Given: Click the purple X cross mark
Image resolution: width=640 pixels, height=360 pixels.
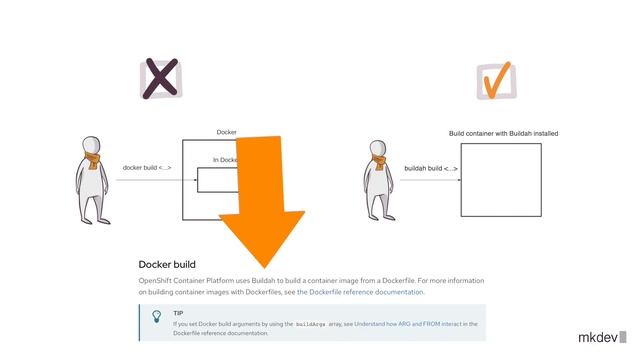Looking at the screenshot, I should [x=159, y=80].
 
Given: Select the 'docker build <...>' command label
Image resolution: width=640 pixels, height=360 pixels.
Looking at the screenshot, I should [x=146, y=167].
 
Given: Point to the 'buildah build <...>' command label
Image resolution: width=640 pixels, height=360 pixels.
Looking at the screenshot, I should [x=431, y=168].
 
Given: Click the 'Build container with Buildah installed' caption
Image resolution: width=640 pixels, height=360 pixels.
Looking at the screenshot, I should [x=503, y=133].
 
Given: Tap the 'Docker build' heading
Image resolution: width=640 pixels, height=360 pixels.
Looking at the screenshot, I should [x=167, y=264].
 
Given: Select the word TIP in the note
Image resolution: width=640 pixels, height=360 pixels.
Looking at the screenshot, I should [x=178, y=313].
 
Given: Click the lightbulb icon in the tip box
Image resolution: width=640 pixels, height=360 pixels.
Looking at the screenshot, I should [x=156, y=317].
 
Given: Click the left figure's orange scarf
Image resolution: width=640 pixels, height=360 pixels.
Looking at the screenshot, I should [x=91, y=160].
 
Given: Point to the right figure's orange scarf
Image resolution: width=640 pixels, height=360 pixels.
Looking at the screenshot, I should [x=379, y=163].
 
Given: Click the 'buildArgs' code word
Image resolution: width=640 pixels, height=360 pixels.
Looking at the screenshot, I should [x=311, y=324].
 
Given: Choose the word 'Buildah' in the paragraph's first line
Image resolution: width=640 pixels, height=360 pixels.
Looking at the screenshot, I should [x=263, y=281].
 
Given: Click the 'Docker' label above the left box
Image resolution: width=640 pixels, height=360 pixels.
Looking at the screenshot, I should [x=226, y=132].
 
